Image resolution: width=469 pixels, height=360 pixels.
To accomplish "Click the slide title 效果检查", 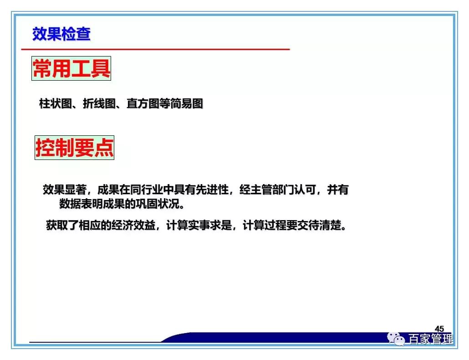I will tap(61, 34).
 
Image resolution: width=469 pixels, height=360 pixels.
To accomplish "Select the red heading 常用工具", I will tap(71, 69).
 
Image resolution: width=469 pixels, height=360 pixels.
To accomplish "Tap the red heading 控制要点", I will tap(75, 148).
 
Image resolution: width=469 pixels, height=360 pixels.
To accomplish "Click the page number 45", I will tap(439, 329).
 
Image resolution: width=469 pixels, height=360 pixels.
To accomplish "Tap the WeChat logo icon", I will tap(397, 339).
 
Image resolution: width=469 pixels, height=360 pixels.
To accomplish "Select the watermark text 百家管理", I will tap(431, 339).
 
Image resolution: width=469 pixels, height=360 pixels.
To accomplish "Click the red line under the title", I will tap(155, 49).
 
